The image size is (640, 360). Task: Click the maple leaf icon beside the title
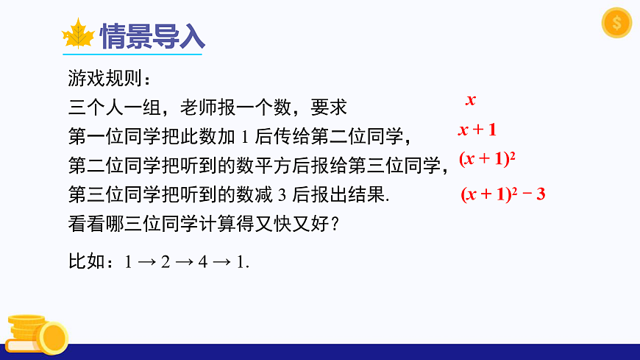pyautogui.click(x=78, y=35)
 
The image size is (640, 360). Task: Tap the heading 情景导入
pyautogui.click(x=152, y=36)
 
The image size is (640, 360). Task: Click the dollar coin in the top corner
pyautogui.click(x=616, y=23)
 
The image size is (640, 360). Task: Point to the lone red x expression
pyautogui.click(x=471, y=100)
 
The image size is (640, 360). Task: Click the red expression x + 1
pyautogui.click(x=477, y=130)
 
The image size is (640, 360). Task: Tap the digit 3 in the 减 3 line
pyautogui.click(x=282, y=195)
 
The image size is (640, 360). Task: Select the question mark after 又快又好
pyautogui.click(x=335, y=225)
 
